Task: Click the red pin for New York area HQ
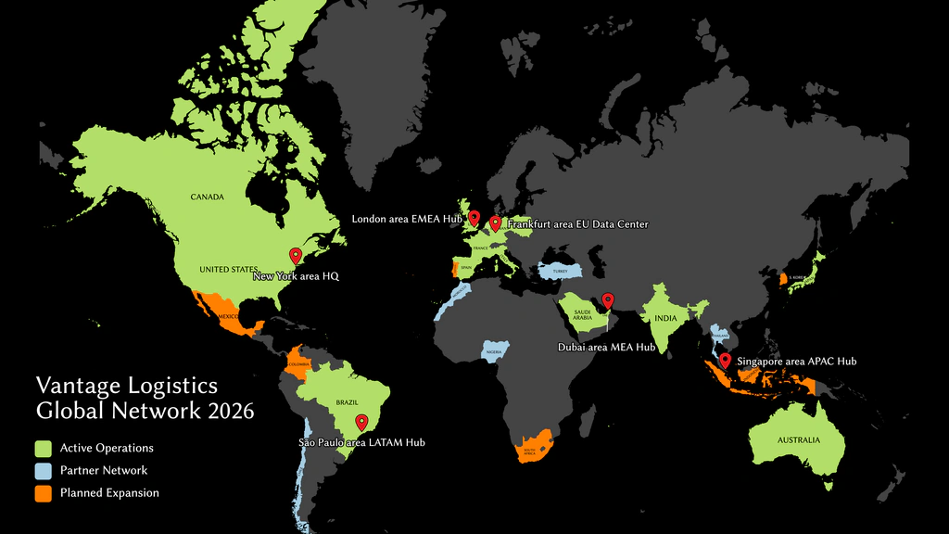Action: click(x=296, y=255)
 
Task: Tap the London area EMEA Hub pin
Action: click(x=474, y=218)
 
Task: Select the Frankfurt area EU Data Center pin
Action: click(x=495, y=222)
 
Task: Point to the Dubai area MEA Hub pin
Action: click(x=608, y=299)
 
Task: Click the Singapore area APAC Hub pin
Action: click(x=725, y=361)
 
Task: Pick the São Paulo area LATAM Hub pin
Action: click(x=361, y=422)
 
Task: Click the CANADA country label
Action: click(x=208, y=197)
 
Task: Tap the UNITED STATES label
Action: click(x=227, y=270)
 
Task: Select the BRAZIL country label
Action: click(x=347, y=402)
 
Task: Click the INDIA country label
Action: click(x=665, y=319)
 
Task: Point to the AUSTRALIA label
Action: click(x=797, y=440)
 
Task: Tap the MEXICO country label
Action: click(x=229, y=317)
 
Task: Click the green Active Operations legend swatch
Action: click(x=43, y=448)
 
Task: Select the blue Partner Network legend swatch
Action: click(x=43, y=470)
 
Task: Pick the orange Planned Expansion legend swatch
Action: click(x=43, y=492)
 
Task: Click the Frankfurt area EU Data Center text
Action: click(x=577, y=225)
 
